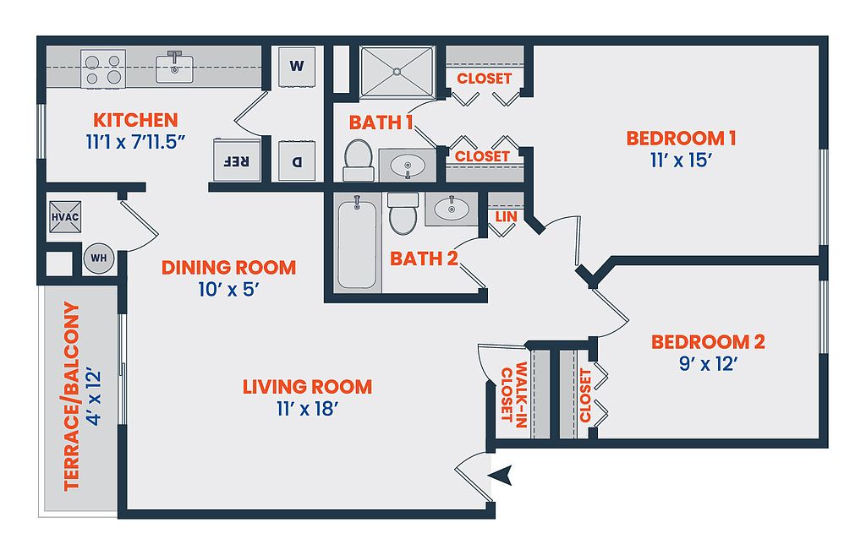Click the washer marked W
[x=297, y=66]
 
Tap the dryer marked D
[x=297, y=161]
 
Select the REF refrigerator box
[x=237, y=160]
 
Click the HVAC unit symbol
[x=65, y=217]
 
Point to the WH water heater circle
[x=99, y=258]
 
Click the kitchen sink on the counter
[x=174, y=68]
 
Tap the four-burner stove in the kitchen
[x=103, y=68]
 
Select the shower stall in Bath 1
[x=397, y=72]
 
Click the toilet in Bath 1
[x=358, y=160]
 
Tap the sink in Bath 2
[x=452, y=209]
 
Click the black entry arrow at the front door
[x=501, y=475]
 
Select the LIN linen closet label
[x=506, y=217]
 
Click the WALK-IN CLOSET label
[x=513, y=394]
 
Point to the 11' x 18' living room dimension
[x=307, y=409]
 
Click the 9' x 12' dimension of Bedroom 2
[x=709, y=364]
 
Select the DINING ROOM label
[x=228, y=268]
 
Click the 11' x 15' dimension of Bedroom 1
[x=681, y=161]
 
